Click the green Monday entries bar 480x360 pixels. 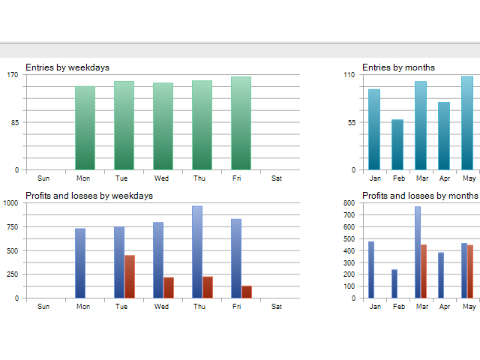(x=85, y=127)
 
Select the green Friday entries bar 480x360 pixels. (x=241, y=123)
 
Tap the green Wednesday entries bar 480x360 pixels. (x=163, y=126)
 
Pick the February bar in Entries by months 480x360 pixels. (x=397, y=144)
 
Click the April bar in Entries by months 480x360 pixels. (x=444, y=135)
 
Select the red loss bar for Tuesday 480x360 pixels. (x=130, y=277)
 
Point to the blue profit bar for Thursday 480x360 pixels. (x=197, y=252)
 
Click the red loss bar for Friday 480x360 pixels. (x=247, y=292)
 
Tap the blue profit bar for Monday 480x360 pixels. (x=80, y=263)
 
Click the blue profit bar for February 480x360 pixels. (x=394, y=283)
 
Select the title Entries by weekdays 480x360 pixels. (x=67, y=67)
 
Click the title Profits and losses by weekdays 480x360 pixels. (x=89, y=196)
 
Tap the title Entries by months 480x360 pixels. (x=398, y=67)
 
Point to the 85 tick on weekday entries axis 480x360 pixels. (x=13, y=122)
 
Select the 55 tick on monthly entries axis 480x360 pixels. (x=349, y=122)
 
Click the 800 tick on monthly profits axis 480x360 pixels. (x=348, y=202)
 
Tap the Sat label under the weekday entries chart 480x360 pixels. (x=277, y=178)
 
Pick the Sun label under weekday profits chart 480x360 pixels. (x=43, y=306)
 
